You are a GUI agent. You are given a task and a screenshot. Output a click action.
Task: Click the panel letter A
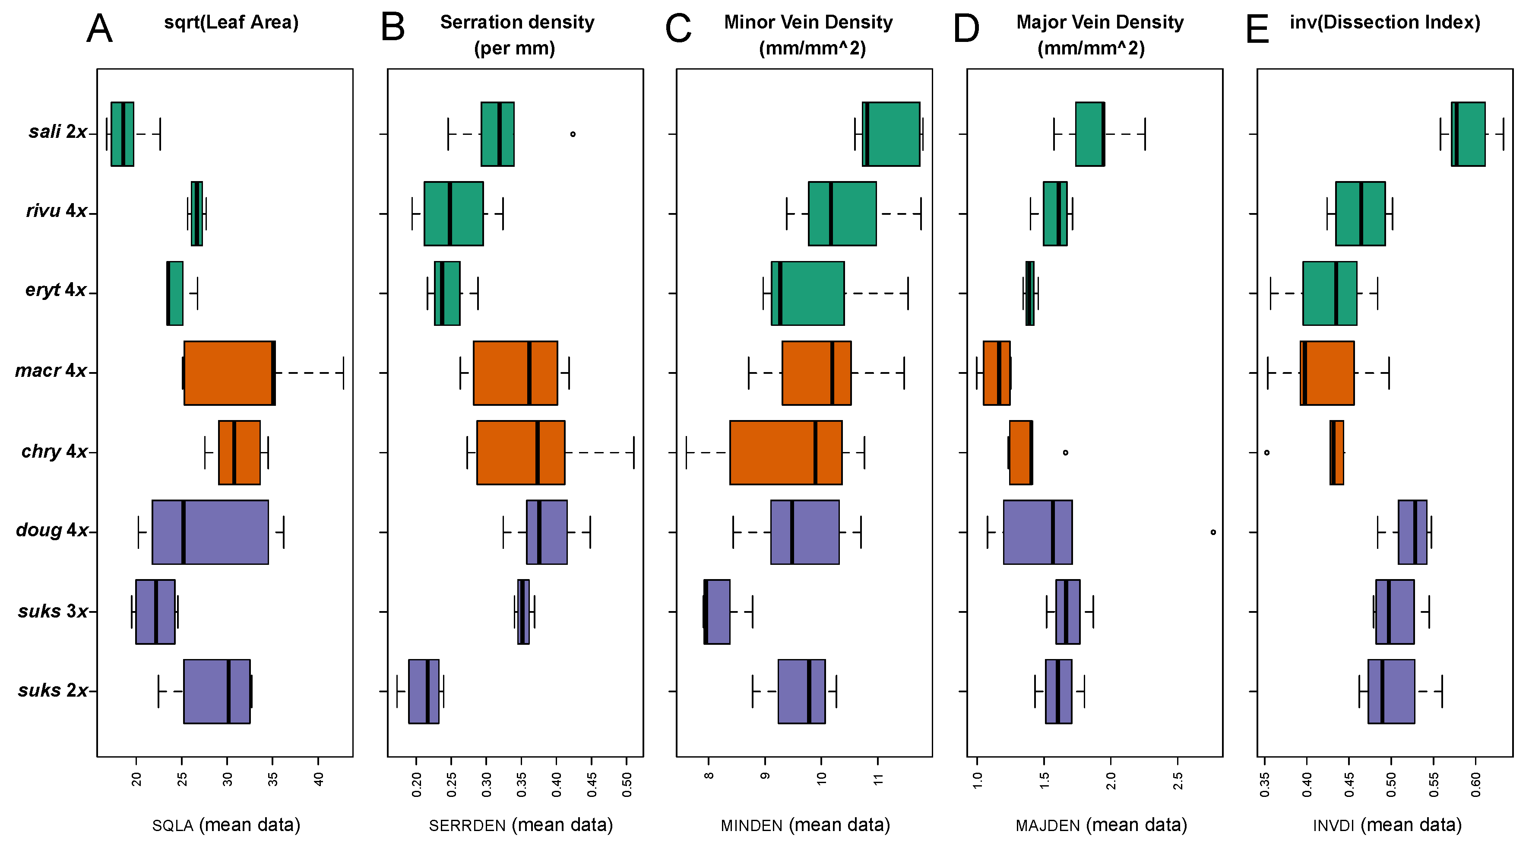[x=99, y=29]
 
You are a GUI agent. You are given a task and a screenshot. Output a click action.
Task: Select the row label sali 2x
[x=57, y=131]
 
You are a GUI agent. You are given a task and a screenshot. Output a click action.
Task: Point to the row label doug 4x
[x=52, y=530]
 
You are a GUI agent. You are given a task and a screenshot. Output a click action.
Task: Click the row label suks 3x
[x=53, y=611]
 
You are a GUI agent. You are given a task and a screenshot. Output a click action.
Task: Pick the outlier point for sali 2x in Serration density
[x=573, y=134]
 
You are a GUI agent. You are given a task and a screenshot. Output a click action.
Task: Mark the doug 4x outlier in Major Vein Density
[x=1213, y=532]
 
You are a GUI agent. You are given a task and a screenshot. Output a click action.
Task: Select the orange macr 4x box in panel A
[x=229, y=373]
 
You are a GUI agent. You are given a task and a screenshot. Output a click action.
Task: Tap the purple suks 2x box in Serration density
[x=424, y=691]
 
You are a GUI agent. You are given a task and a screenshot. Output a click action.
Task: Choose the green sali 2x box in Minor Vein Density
[x=891, y=134]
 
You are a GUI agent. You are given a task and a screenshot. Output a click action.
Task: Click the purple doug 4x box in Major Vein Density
[x=1038, y=532]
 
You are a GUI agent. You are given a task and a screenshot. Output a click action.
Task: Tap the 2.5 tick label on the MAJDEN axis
[x=1178, y=781]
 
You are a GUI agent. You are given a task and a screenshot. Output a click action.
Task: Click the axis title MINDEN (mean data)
[x=805, y=825]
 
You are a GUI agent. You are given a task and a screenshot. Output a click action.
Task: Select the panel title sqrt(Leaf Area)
[x=231, y=22]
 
